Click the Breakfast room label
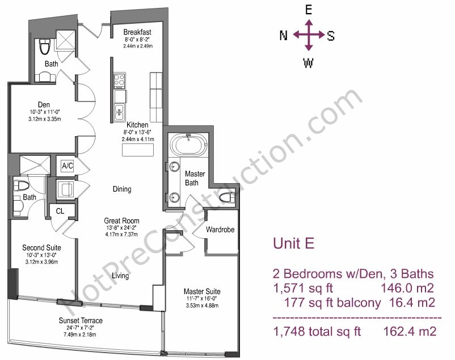pos(137,32)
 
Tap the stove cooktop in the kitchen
pos(119,81)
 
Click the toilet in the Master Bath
pos(227,198)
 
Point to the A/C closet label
pos(68,166)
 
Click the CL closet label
pos(60,211)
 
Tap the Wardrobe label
pos(220,230)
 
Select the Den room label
pos(44,104)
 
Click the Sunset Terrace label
pos(81,320)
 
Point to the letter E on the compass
pos(309,10)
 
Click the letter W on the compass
pos(308,63)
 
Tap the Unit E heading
pos(294,243)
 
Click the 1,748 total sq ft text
pos(317,331)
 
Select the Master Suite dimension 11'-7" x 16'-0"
pos(202,299)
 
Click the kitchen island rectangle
pos(137,150)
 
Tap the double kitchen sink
pos(119,112)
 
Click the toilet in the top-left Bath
pos(45,47)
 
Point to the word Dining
pos(122,189)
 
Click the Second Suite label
pos(41,248)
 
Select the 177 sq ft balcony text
pos(332,303)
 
